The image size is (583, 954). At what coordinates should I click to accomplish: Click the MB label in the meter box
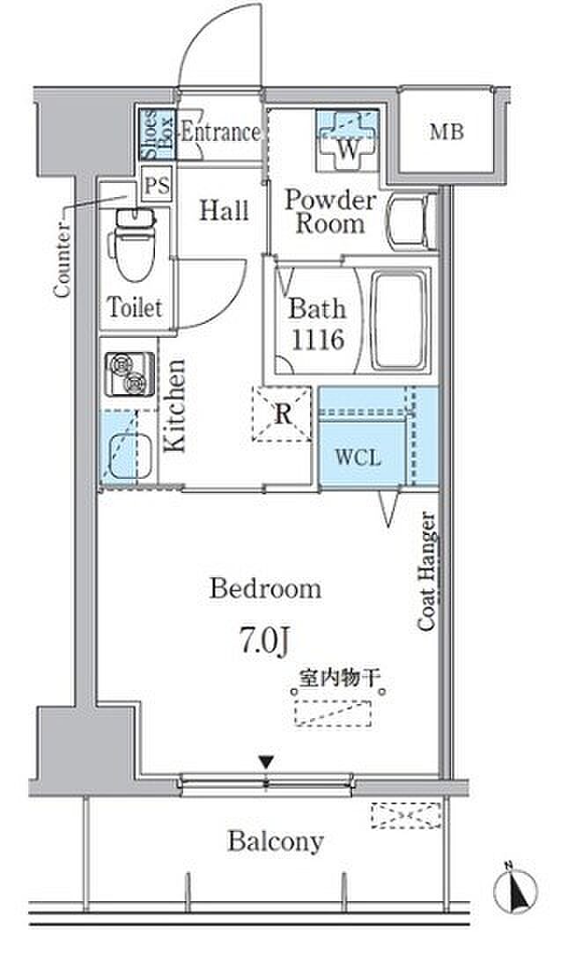point(446,131)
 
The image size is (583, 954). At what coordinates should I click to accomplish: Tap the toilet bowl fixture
point(134,245)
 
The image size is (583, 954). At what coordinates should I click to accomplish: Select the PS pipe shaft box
point(158,184)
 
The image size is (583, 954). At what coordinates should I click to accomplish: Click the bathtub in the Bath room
point(399,320)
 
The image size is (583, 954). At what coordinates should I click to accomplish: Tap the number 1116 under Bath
point(318,340)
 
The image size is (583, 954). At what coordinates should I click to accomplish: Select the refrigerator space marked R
point(282,414)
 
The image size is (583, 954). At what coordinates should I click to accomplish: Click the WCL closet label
point(358,456)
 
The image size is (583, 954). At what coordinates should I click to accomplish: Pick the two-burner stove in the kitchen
point(129,373)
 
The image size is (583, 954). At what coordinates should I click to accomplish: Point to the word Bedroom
point(265,589)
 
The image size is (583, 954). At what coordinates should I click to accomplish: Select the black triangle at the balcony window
point(266,762)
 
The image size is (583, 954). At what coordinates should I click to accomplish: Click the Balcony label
point(275,842)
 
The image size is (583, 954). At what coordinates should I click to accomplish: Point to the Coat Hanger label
point(426,572)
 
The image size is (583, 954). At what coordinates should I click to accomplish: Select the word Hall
point(224,210)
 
